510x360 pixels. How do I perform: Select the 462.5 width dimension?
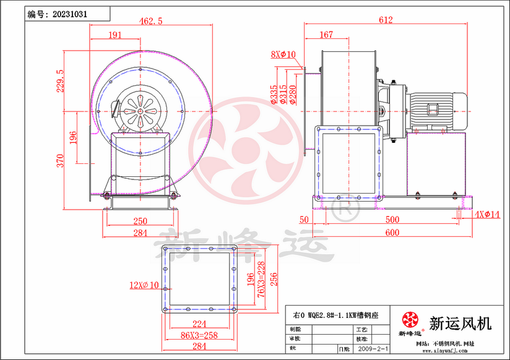[x=151, y=21]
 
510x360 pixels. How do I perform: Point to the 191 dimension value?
[x=115, y=35]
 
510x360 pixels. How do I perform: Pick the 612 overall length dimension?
[x=386, y=20]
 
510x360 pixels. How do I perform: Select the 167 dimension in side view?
[x=327, y=35]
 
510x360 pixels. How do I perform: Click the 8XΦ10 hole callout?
[x=283, y=54]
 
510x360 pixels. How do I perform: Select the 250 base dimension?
[x=140, y=221]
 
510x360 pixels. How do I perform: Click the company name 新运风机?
[x=460, y=323]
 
